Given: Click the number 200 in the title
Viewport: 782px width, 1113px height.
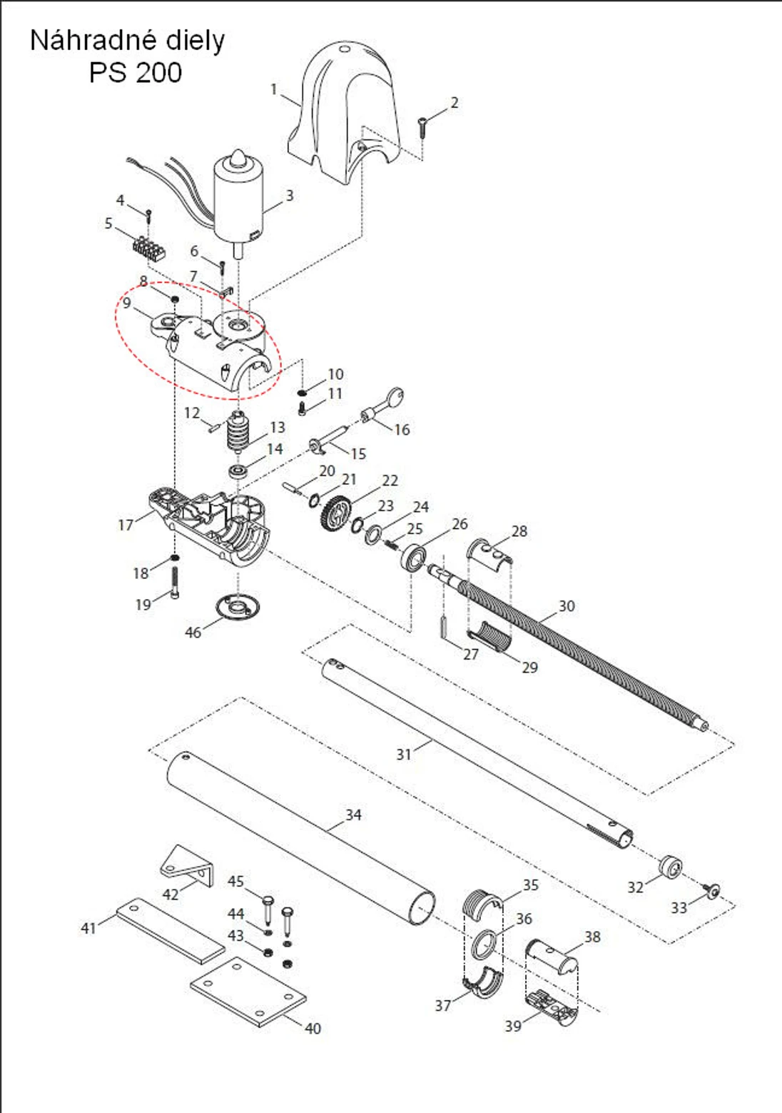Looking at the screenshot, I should point(157,72).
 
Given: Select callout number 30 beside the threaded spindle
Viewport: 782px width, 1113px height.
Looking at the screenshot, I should point(566,606).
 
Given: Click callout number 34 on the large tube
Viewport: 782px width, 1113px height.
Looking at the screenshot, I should point(353,815).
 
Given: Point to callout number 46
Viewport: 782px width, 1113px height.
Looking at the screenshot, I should point(193,632).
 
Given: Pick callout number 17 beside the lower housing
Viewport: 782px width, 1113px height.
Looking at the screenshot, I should point(126,525).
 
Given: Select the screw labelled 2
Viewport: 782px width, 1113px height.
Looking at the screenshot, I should point(422,128).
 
